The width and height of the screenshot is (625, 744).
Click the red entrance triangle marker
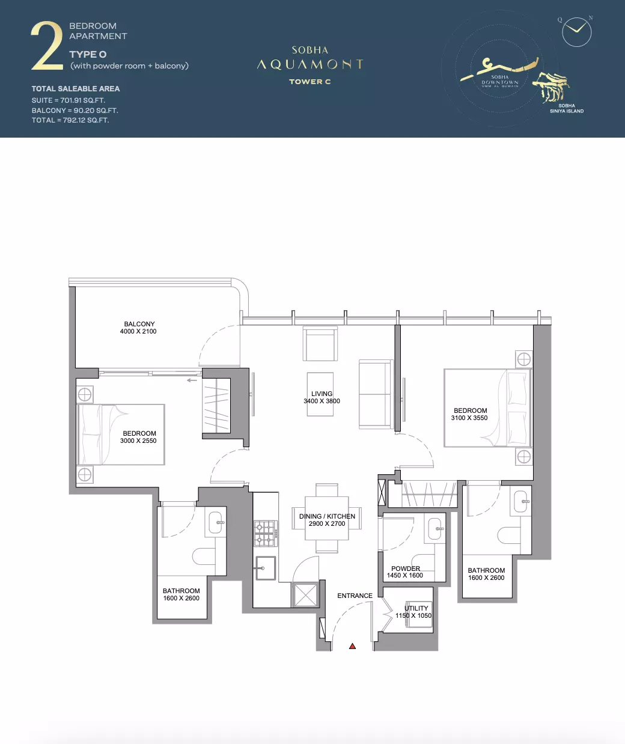click(x=352, y=646)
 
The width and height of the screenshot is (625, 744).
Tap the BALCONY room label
click(x=139, y=324)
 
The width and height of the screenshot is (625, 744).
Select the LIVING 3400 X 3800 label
click(x=322, y=397)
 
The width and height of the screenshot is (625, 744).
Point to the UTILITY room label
click(x=416, y=608)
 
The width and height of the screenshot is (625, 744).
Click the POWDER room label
click(x=406, y=569)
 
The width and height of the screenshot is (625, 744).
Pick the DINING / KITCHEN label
click(x=327, y=516)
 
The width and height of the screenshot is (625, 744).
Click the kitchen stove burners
click(x=266, y=534)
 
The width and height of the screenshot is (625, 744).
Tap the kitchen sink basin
click(x=266, y=569)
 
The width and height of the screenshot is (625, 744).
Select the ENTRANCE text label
click(x=355, y=596)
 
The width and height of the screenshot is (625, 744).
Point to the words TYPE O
click(x=88, y=55)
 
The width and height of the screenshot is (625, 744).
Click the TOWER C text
click(x=310, y=82)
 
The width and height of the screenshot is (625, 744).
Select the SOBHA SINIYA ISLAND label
click(x=567, y=108)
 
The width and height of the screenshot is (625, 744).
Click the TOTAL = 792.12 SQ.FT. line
click(x=70, y=120)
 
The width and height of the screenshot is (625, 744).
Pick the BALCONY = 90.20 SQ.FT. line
click(x=75, y=111)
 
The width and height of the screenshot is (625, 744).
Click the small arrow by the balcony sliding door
click(x=192, y=380)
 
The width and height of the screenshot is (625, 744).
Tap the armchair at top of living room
click(x=320, y=344)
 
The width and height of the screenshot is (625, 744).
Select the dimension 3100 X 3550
click(x=469, y=418)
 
